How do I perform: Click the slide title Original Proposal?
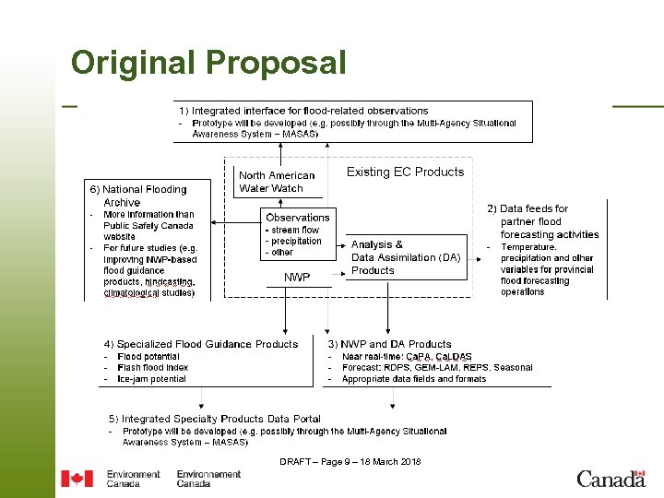click(208, 63)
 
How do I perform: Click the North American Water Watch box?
click(276, 182)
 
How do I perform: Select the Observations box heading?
click(297, 218)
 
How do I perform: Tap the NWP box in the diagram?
click(297, 277)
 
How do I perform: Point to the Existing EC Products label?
click(405, 172)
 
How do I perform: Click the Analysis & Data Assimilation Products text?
click(405, 257)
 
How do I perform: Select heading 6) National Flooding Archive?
click(137, 196)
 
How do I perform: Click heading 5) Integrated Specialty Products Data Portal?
click(214, 419)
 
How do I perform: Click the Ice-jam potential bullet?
click(151, 379)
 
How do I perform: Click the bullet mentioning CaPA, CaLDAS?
click(407, 357)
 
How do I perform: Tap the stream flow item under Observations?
click(294, 230)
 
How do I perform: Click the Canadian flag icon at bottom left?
click(77, 479)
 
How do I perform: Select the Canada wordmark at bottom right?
click(611, 479)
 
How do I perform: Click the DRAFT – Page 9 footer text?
click(350, 461)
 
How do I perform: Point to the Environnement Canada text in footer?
click(208, 479)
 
